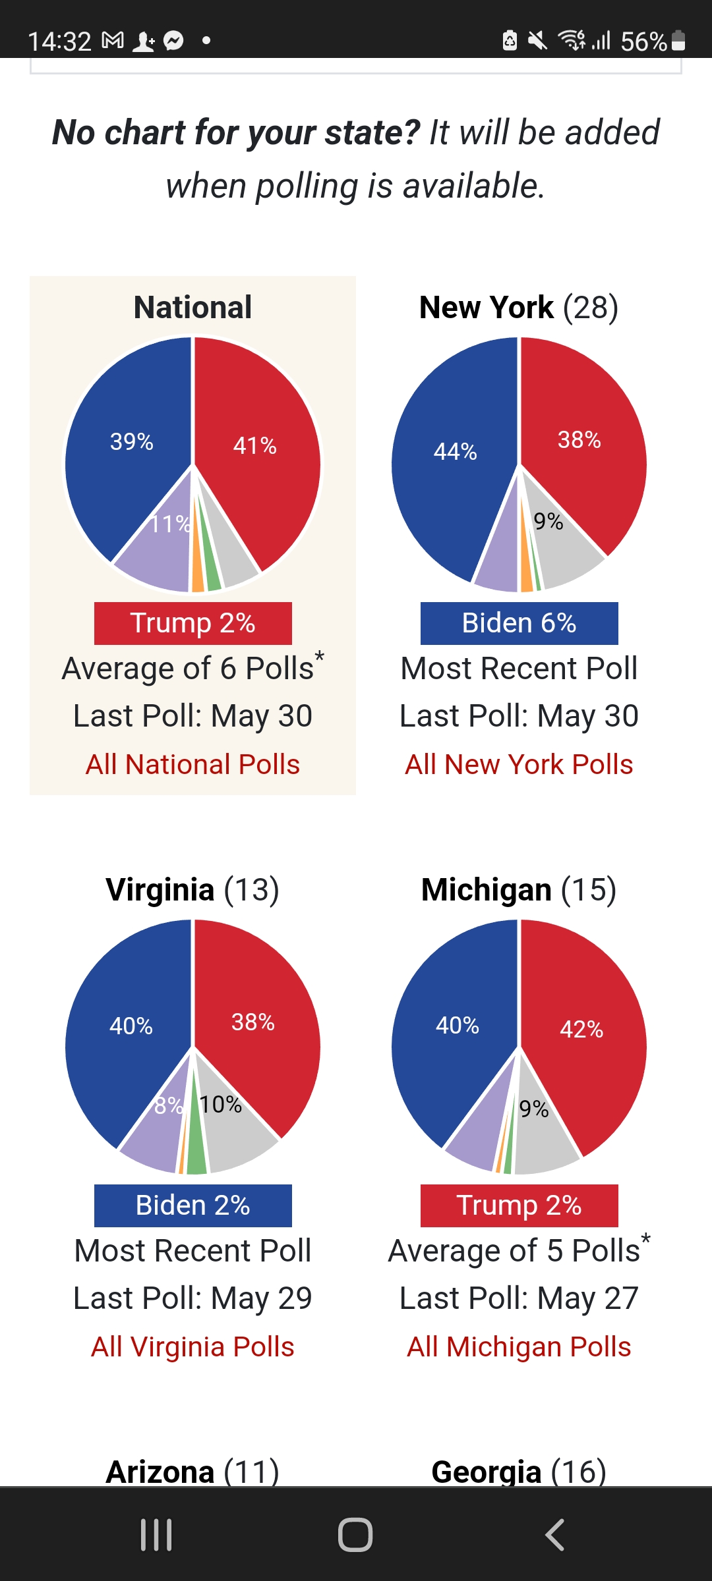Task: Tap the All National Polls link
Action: (193, 765)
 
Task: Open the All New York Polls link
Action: (519, 765)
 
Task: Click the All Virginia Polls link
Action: (193, 1347)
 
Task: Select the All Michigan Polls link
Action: (519, 1347)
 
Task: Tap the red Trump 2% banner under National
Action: (193, 623)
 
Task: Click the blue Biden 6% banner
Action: (519, 623)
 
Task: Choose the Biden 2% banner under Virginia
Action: (193, 1206)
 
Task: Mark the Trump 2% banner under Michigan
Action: (519, 1206)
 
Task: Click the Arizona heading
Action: (193, 1472)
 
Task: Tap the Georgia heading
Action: (519, 1472)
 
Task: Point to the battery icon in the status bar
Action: (678, 41)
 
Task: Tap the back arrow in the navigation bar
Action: (555, 1535)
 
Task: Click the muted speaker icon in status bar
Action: (538, 41)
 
